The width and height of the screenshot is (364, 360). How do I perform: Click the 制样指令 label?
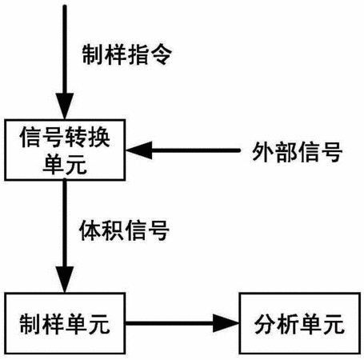coord(127,54)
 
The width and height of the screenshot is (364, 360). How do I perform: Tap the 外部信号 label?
coord(298,152)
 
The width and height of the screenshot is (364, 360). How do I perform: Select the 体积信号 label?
coord(124,230)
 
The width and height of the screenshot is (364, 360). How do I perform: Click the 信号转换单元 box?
coord(65,150)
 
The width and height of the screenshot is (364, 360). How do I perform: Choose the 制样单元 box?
coord(65,323)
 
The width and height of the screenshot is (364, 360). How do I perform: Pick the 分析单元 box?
coord(300,323)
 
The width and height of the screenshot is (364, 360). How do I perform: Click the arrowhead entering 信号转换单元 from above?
coord(65,106)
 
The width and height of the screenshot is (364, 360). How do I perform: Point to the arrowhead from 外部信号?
coord(139,150)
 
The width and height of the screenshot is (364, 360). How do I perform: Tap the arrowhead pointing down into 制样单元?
coord(65,279)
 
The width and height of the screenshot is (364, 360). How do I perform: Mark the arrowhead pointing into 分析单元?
coord(226,323)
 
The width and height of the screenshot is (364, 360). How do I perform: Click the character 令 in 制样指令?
coord(162,54)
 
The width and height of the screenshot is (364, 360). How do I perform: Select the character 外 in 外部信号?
coord(262,152)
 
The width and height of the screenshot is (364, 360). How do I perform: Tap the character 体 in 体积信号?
coord(90,230)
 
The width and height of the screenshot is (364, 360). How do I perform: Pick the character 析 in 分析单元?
coord(288,324)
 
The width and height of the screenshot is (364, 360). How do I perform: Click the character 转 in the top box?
coord(77,137)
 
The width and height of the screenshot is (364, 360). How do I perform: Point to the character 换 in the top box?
coord(99,137)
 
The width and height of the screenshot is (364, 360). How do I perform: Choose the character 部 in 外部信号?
coord(286,152)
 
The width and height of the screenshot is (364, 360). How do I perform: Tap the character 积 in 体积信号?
coord(113,230)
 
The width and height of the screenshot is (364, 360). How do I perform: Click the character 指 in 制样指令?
coord(138,54)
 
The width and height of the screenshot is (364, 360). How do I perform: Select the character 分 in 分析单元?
coord(266,324)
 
